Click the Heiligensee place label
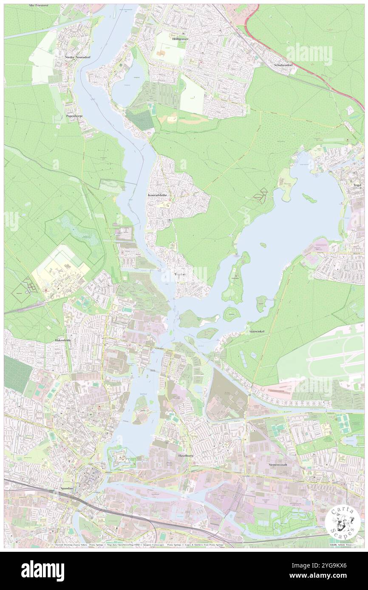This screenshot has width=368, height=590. (x=180, y=39)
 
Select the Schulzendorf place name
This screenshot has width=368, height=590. (x=285, y=65)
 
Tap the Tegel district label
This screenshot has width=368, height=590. (x=356, y=185)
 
